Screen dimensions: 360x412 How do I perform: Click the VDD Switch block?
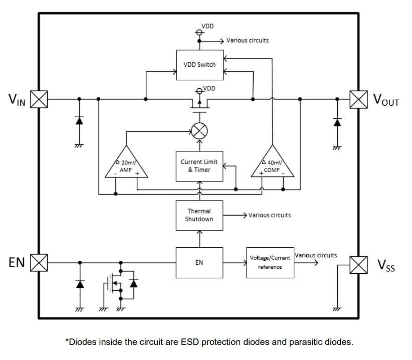pos(199,64)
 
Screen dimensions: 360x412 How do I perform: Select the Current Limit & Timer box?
pos(199,166)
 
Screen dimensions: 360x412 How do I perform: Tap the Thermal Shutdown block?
pos(199,215)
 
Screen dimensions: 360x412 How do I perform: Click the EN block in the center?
pos(199,262)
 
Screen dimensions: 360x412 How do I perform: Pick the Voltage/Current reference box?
pos(270,262)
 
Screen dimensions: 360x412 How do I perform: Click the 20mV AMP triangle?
pos(126,164)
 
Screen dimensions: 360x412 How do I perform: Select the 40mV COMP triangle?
pos(272,164)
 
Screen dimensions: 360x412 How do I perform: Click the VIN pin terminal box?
pos(39,99)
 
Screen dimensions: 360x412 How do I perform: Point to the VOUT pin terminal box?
pos(358,99)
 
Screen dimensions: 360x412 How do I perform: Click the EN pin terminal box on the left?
pos(39,262)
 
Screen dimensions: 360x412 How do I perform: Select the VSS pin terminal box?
pos(358,264)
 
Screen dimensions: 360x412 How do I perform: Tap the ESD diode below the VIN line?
pos(79,120)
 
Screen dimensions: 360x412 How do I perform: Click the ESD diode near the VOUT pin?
pos(337,121)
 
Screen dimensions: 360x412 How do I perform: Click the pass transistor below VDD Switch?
pos(199,104)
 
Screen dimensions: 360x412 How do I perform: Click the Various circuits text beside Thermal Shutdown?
pos(269,215)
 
